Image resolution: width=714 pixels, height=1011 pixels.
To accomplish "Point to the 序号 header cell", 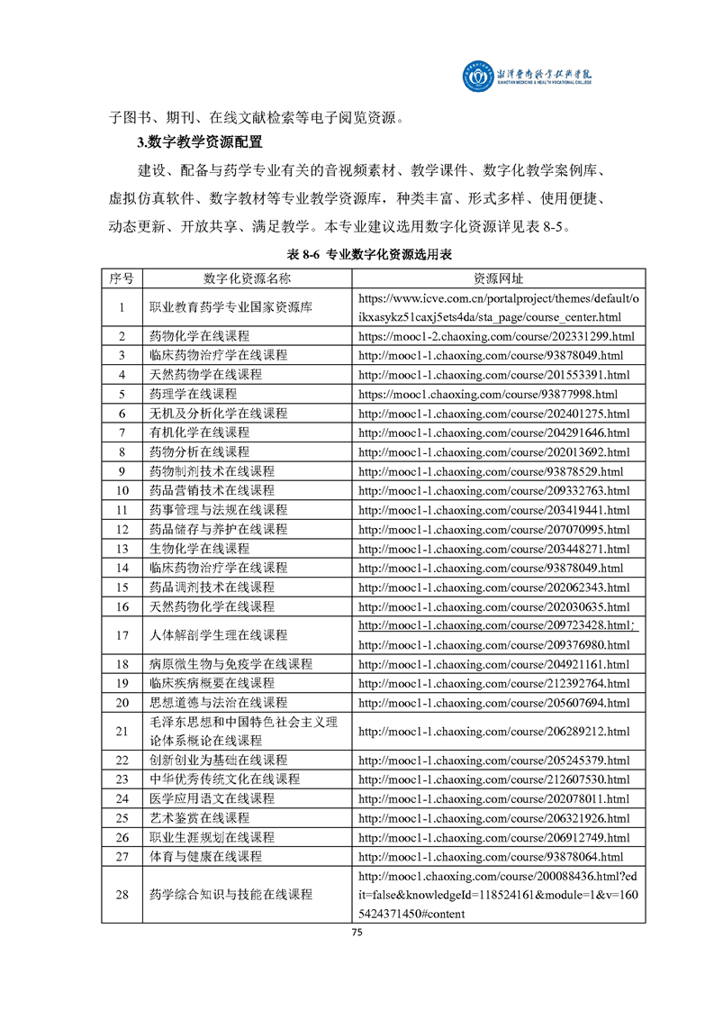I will pyautogui.click(x=122, y=278).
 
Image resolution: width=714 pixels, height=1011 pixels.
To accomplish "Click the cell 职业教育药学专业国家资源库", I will pyautogui.click(x=230, y=307).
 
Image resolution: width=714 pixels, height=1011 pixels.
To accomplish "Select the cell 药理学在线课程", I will pyautogui.click(x=193, y=394).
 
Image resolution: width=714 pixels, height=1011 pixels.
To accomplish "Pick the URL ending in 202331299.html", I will pyautogui.click(x=496, y=336).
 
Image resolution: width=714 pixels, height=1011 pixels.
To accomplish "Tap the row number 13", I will pyautogui.click(x=122, y=548).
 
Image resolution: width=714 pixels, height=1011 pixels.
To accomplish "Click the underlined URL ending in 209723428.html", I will pyautogui.click(x=496, y=625).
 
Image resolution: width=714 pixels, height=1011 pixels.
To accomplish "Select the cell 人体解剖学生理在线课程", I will pyautogui.click(x=218, y=635).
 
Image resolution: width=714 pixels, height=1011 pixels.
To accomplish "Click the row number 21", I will pyautogui.click(x=122, y=731).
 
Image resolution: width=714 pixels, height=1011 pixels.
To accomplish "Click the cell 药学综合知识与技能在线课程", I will pyautogui.click(x=230, y=894).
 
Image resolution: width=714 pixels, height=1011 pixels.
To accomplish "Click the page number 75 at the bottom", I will pyautogui.click(x=357, y=933).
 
